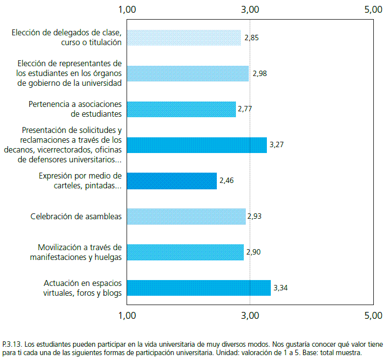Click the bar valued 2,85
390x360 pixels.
[x=184, y=38]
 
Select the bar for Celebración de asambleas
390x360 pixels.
[x=186, y=216]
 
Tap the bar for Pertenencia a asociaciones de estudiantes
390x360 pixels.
[x=182, y=109]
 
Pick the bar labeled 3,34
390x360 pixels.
[x=199, y=288]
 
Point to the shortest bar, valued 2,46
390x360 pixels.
[x=172, y=180]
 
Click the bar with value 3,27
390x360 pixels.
[x=197, y=145]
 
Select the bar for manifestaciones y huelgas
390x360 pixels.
[x=185, y=252]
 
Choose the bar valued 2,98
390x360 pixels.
[x=188, y=74]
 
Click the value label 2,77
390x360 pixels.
[x=245, y=109]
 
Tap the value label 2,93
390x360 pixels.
[x=255, y=216]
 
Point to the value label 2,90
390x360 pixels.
[x=253, y=252]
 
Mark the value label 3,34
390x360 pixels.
[x=280, y=288]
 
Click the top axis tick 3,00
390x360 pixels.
[x=250, y=9]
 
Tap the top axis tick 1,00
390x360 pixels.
[x=128, y=9]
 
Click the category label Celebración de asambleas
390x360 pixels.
[x=76, y=216]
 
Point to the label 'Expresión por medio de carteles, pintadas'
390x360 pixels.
[x=80, y=180]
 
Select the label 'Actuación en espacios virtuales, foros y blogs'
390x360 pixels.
[x=82, y=288]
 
